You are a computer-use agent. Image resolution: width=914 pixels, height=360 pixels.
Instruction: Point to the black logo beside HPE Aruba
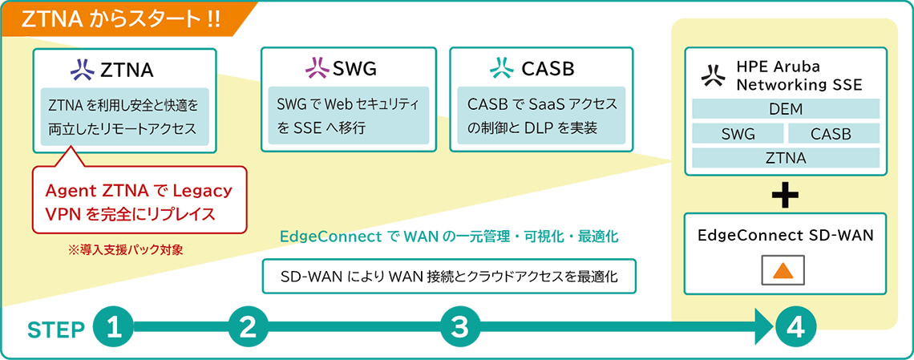click(711, 75)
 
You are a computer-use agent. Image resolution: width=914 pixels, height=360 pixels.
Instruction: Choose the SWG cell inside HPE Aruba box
click(738, 134)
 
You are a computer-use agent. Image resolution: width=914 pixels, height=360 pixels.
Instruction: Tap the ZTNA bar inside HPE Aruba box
click(786, 158)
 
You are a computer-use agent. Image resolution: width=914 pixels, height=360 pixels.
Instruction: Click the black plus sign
click(785, 195)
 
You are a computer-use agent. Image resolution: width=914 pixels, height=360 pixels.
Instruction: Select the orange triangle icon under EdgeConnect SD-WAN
click(783, 271)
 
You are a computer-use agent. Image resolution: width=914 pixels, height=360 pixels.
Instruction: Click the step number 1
click(114, 327)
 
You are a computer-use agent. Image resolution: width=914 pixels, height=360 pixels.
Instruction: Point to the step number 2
click(247, 327)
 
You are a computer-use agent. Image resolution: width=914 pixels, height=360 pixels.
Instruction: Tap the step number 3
click(459, 327)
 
